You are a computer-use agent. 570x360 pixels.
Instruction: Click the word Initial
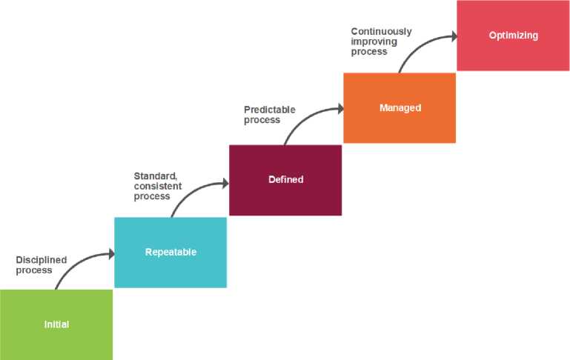[56, 324]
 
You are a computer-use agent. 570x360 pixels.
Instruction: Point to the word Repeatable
[170, 253]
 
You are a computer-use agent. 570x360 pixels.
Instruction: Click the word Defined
[285, 180]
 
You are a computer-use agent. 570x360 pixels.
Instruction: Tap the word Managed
[400, 108]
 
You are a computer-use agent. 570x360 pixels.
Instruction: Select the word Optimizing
[513, 36]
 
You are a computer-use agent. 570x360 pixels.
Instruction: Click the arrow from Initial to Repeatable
[78, 261]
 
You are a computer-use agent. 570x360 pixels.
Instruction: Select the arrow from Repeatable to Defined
[193, 188]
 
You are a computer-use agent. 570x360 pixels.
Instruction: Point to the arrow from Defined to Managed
[308, 116]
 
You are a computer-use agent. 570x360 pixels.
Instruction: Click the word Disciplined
[42, 260]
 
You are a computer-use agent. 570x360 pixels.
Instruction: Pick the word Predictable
[270, 110]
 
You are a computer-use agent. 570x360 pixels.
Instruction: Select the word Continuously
[381, 32]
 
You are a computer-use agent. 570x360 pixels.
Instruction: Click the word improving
[374, 41]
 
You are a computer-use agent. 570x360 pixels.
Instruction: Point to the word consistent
[157, 187]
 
